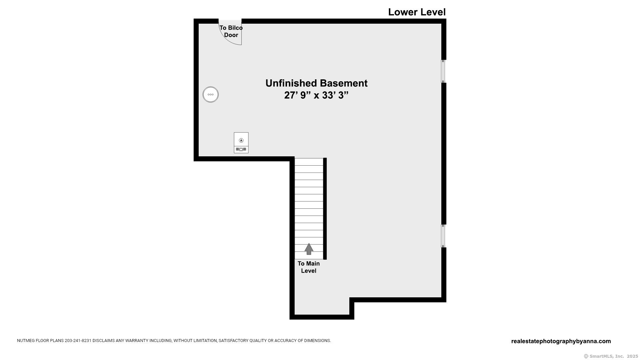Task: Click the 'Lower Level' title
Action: [x=417, y=12]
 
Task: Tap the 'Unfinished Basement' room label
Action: [x=316, y=83]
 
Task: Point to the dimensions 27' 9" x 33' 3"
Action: [x=316, y=95]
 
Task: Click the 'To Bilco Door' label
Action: [x=231, y=31]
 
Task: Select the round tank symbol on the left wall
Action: [x=211, y=94]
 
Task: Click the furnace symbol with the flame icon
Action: [x=241, y=143]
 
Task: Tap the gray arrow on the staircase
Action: [x=309, y=249]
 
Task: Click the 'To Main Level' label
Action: [x=309, y=267]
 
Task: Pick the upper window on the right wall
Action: [x=443, y=71]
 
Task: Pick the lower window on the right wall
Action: [x=443, y=236]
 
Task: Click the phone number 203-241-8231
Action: [x=78, y=341]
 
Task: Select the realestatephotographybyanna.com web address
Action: [x=561, y=341]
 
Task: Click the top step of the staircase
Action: [x=309, y=162]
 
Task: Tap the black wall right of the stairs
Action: [x=325, y=209]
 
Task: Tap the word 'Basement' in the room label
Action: [x=344, y=83]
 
